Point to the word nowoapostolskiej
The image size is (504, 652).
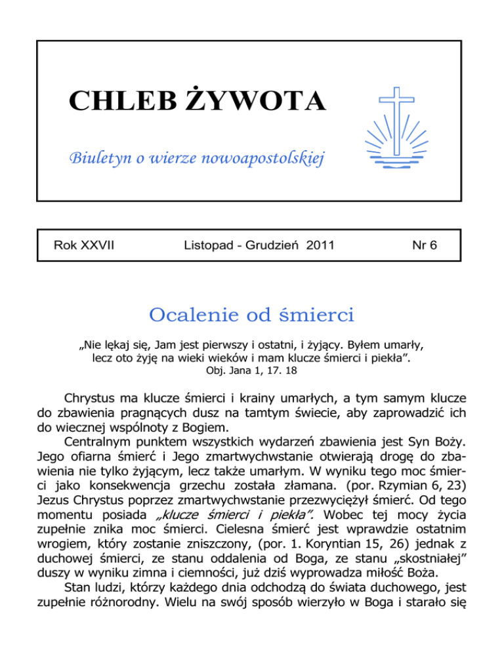pos(273,157)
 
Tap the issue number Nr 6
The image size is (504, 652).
pos(425,246)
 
